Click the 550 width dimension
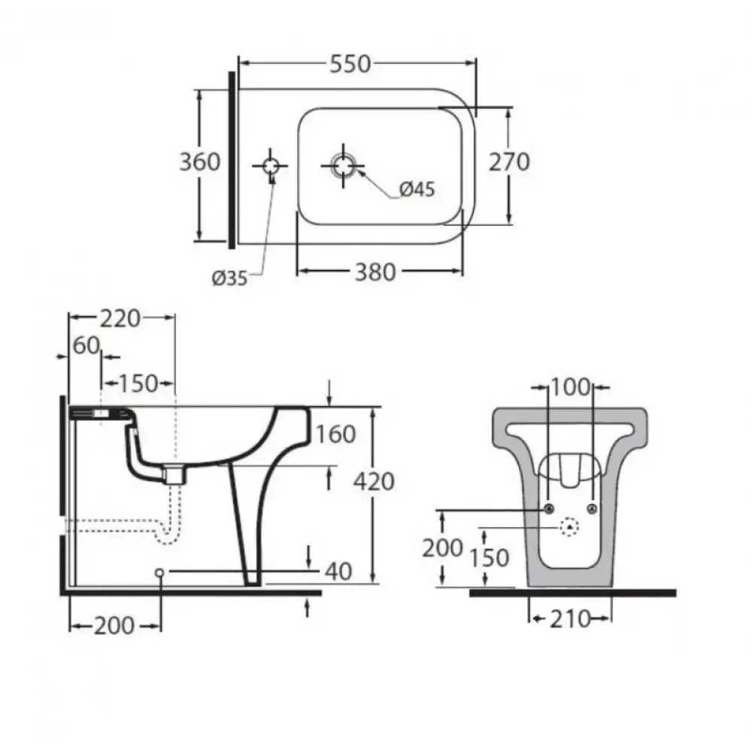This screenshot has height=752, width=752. coord(350,64)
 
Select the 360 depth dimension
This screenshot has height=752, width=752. coord(199,162)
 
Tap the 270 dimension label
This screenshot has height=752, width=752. coord(509,162)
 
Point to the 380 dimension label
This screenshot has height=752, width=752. coord(375,272)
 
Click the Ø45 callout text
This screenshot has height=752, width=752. coord(417,190)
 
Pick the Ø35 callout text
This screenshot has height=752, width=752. coord(229,277)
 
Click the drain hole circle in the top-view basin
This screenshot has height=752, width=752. coord(343,166)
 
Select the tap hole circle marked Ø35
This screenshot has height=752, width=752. coord(271,166)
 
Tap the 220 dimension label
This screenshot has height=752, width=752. coord(120,318)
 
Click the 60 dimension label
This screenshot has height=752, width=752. coord(86,345)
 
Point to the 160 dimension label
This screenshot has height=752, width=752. coord(335,435)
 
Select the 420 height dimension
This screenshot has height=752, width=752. coord(374,481)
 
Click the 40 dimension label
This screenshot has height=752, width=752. coord(338,572)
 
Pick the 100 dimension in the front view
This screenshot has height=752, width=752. coord(570,387)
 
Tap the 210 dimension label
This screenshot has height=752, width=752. coord(570,619)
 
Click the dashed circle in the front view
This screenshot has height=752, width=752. coord(570,526)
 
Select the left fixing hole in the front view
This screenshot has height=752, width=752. coord(550,509)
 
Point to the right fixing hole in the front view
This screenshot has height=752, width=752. coord(593,509)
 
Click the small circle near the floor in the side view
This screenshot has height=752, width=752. coord(160,572)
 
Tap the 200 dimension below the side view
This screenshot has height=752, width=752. coord(114,626)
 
